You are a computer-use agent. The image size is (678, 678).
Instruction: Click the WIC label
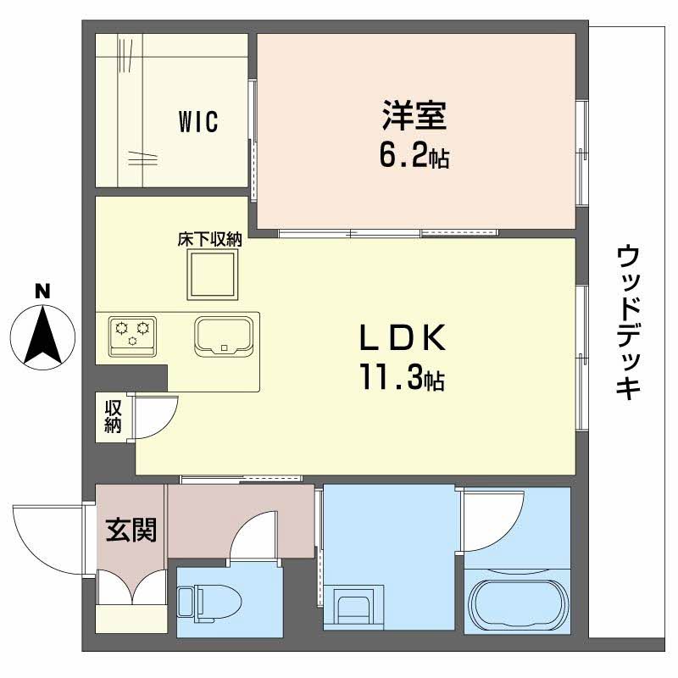point(198,122)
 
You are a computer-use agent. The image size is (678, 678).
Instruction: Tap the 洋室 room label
point(414,115)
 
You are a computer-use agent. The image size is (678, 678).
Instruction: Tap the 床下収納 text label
point(209,240)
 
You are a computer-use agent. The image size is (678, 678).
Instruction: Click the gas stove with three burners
point(133,333)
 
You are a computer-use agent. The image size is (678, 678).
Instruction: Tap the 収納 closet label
point(113,416)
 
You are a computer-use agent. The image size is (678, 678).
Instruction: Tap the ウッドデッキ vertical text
point(628,322)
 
